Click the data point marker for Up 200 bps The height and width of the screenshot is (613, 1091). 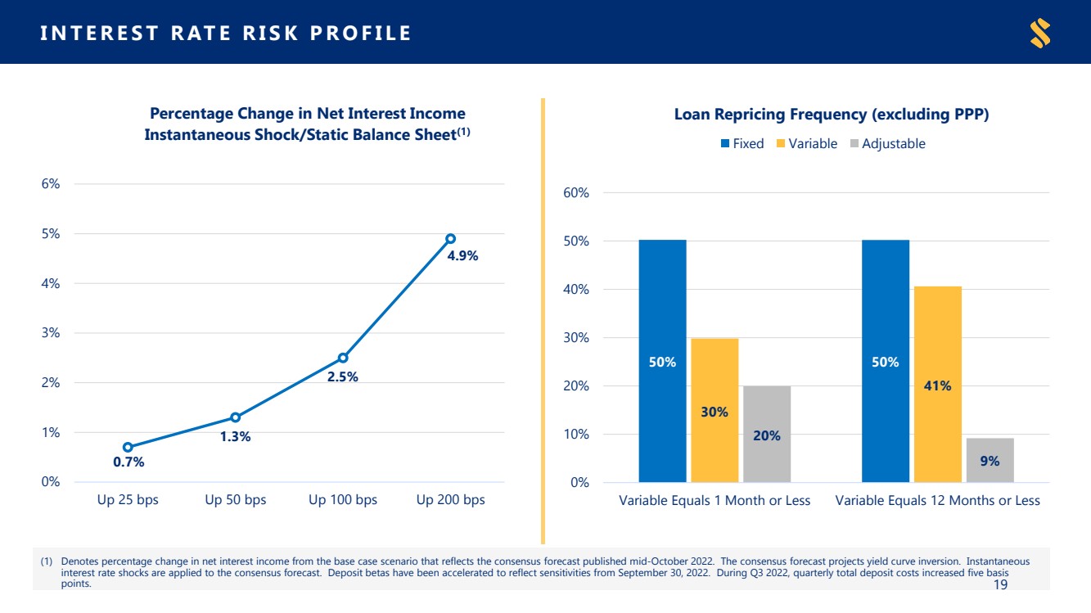click(450, 239)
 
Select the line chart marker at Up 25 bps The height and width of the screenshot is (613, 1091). click(128, 447)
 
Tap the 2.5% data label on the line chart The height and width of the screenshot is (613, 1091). click(342, 376)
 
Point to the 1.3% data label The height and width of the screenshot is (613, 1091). click(235, 437)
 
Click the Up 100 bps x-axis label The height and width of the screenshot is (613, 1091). click(343, 500)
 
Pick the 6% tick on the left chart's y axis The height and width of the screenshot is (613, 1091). click(51, 183)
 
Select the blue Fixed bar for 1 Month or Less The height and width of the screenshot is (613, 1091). click(662, 361)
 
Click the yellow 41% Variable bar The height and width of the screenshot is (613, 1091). click(938, 384)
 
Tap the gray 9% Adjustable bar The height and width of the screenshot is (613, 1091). click(990, 460)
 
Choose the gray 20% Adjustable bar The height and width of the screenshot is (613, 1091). click(767, 434)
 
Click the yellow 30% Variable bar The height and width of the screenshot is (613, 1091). click(715, 411)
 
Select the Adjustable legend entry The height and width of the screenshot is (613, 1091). click(887, 144)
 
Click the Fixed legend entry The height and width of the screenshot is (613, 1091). click(742, 144)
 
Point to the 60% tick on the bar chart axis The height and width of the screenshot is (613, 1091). click(576, 193)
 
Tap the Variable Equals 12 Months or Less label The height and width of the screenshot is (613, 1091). click(938, 501)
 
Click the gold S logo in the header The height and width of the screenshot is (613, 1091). click(1040, 33)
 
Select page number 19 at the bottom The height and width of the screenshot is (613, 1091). click(1000, 584)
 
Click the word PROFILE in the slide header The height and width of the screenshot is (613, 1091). click(361, 33)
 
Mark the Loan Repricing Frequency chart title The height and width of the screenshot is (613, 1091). click(832, 115)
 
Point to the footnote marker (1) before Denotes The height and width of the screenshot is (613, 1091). click(47, 561)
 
